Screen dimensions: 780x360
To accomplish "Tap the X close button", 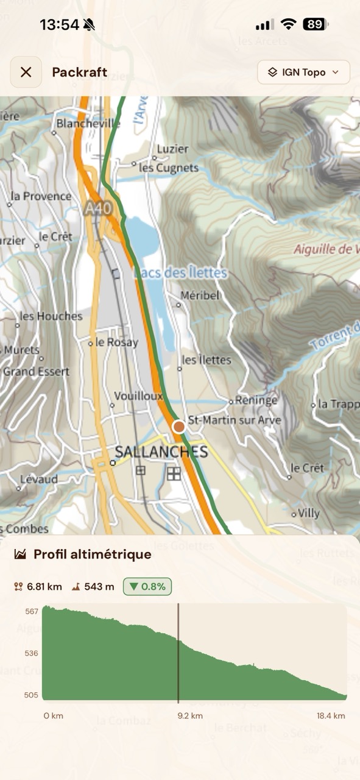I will (26, 73).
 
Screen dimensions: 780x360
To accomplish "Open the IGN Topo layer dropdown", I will (303, 73).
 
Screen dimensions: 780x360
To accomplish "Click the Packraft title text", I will (79, 73).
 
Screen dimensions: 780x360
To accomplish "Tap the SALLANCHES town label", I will (161, 452).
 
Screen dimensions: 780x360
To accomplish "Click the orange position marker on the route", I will (178, 427).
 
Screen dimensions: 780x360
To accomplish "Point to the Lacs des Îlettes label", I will (180, 273).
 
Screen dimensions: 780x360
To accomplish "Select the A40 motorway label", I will (98, 208).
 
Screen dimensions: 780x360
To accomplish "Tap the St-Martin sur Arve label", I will (235, 420).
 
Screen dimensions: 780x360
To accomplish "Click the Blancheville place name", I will (88, 124).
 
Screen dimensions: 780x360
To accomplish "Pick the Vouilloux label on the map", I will (138, 395).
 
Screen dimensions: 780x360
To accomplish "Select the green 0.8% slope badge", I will (147, 587).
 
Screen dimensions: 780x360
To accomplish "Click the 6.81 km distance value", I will (43, 587).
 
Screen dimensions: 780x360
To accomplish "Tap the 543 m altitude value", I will (99, 587).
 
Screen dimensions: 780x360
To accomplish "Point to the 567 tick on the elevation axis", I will (32, 611).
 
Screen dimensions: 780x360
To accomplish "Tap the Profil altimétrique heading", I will (92, 555).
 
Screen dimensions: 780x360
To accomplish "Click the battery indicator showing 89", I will (315, 24).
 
